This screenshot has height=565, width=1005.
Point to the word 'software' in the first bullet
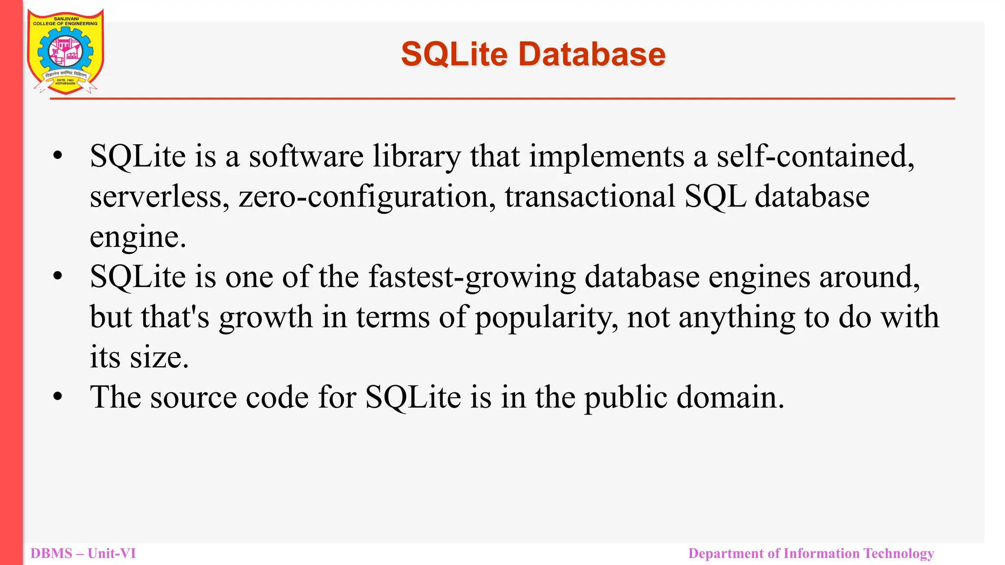306,156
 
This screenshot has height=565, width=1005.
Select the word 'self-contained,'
816,156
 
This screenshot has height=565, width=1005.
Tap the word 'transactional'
590,197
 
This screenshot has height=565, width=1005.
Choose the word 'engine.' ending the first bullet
138,237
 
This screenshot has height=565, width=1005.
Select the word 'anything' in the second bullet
737,317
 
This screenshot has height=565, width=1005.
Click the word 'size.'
159,357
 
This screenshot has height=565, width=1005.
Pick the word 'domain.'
731,397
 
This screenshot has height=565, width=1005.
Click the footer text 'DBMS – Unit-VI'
83,553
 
